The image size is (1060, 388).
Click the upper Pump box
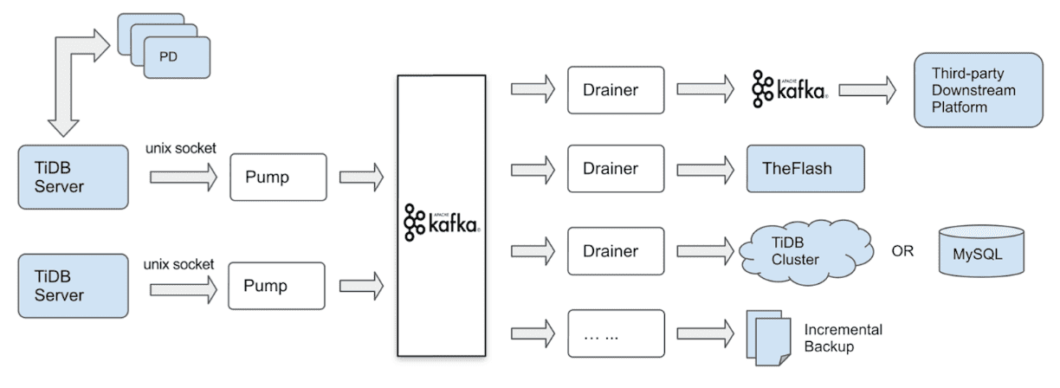pos(278,178)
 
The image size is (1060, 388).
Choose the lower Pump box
pos(277,286)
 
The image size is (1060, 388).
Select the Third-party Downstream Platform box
pos(979,89)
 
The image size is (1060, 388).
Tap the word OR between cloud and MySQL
pos(903,251)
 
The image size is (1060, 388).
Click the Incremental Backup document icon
pos(767,336)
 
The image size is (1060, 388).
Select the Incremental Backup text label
pos(843,338)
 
